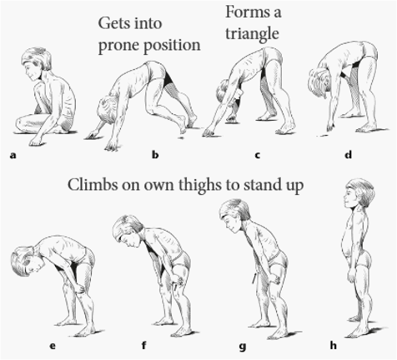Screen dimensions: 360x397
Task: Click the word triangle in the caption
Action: tap(252, 34)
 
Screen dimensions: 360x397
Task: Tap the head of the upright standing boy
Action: tap(357, 194)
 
